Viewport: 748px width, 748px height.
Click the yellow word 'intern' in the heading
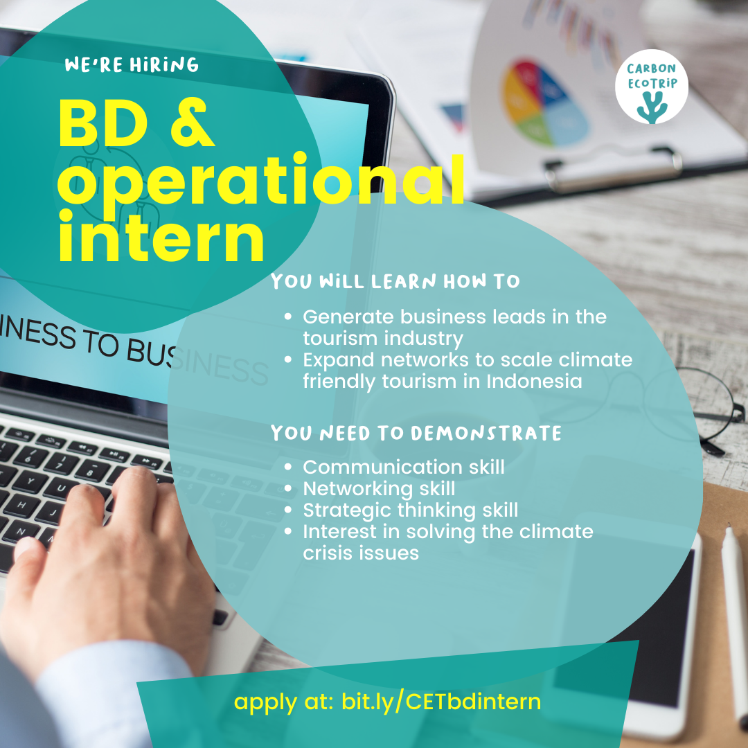click(161, 238)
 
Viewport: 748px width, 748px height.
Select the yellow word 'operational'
click(260, 180)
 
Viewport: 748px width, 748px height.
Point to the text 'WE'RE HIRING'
click(132, 66)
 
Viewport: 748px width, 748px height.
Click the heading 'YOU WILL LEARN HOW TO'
click(395, 282)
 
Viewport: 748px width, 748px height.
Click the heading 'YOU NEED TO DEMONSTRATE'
click(416, 434)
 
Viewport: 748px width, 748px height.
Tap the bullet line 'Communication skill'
click(403, 467)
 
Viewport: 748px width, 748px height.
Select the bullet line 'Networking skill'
click(379, 488)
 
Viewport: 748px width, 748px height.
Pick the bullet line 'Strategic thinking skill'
click(410, 510)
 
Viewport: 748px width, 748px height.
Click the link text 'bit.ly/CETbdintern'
click(441, 702)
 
